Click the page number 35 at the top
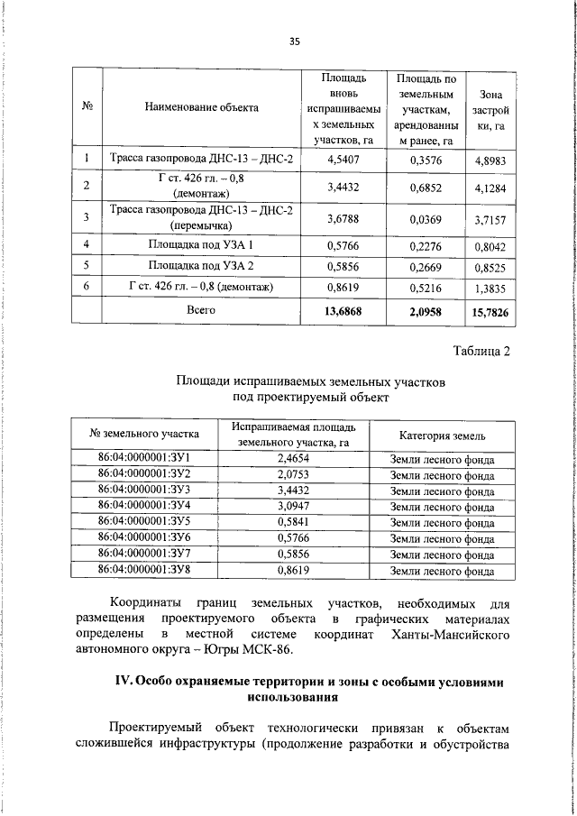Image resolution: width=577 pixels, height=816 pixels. pyautogui.click(x=294, y=41)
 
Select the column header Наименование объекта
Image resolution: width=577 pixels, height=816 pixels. pyautogui.click(x=201, y=107)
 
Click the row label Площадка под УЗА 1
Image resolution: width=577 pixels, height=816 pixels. pyautogui.click(x=201, y=244)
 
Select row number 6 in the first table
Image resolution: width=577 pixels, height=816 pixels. pyautogui.click(x=86, y=286)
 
